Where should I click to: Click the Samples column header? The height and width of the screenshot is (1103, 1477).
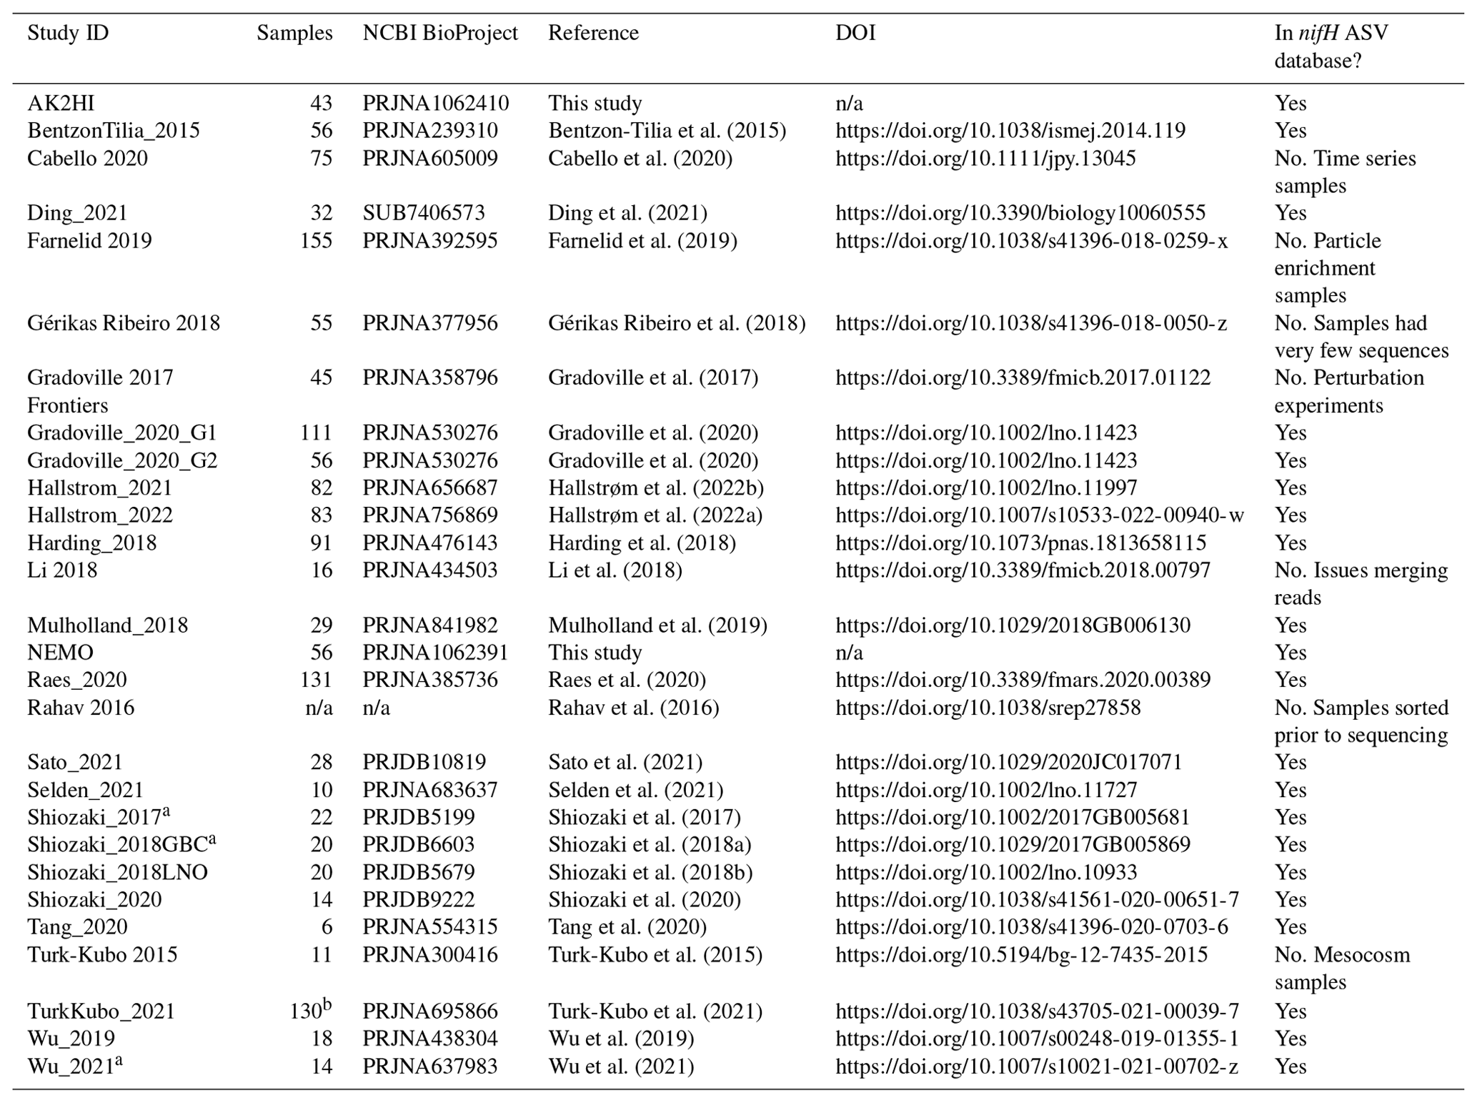pyautogui.click(x=294, y=33)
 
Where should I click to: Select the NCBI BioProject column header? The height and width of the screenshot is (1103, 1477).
pyautogui.click(x=439, y=33)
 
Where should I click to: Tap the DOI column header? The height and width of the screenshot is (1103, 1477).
pyautogui.click(x=855, y=33)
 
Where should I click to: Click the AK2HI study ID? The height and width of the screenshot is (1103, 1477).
pyautogui.click(x=61, y=103)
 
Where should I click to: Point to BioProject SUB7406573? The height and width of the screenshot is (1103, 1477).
pyautogui.click(x=423, y=213)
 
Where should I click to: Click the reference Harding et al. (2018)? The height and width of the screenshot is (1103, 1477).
pyautogui.click(x=642, y=543)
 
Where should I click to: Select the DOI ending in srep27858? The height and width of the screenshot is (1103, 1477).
pyautogui.click(x=988, y=708)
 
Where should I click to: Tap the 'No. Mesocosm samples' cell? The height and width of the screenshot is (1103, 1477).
pyautogui.click(x=1341, y=968)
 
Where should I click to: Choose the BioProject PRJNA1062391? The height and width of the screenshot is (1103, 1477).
pyautogui.click(x=435, y=653)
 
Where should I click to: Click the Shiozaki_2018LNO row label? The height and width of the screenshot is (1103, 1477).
pyautogui.click(x=117, y=872)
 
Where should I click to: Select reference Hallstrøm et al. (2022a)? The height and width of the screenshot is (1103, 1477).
pyautogui.click(x=655, y=515)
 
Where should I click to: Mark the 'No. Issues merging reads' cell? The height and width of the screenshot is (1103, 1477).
pyautogui.click(x=1360, y=583)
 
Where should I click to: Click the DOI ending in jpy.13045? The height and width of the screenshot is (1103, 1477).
pyautogui.click(x=985, y=158)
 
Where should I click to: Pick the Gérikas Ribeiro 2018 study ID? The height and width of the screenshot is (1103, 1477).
pyautogui.click(x=123, y=323)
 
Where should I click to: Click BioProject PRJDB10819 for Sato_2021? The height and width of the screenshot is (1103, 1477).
pyautogui.click(x=424, y=762)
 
